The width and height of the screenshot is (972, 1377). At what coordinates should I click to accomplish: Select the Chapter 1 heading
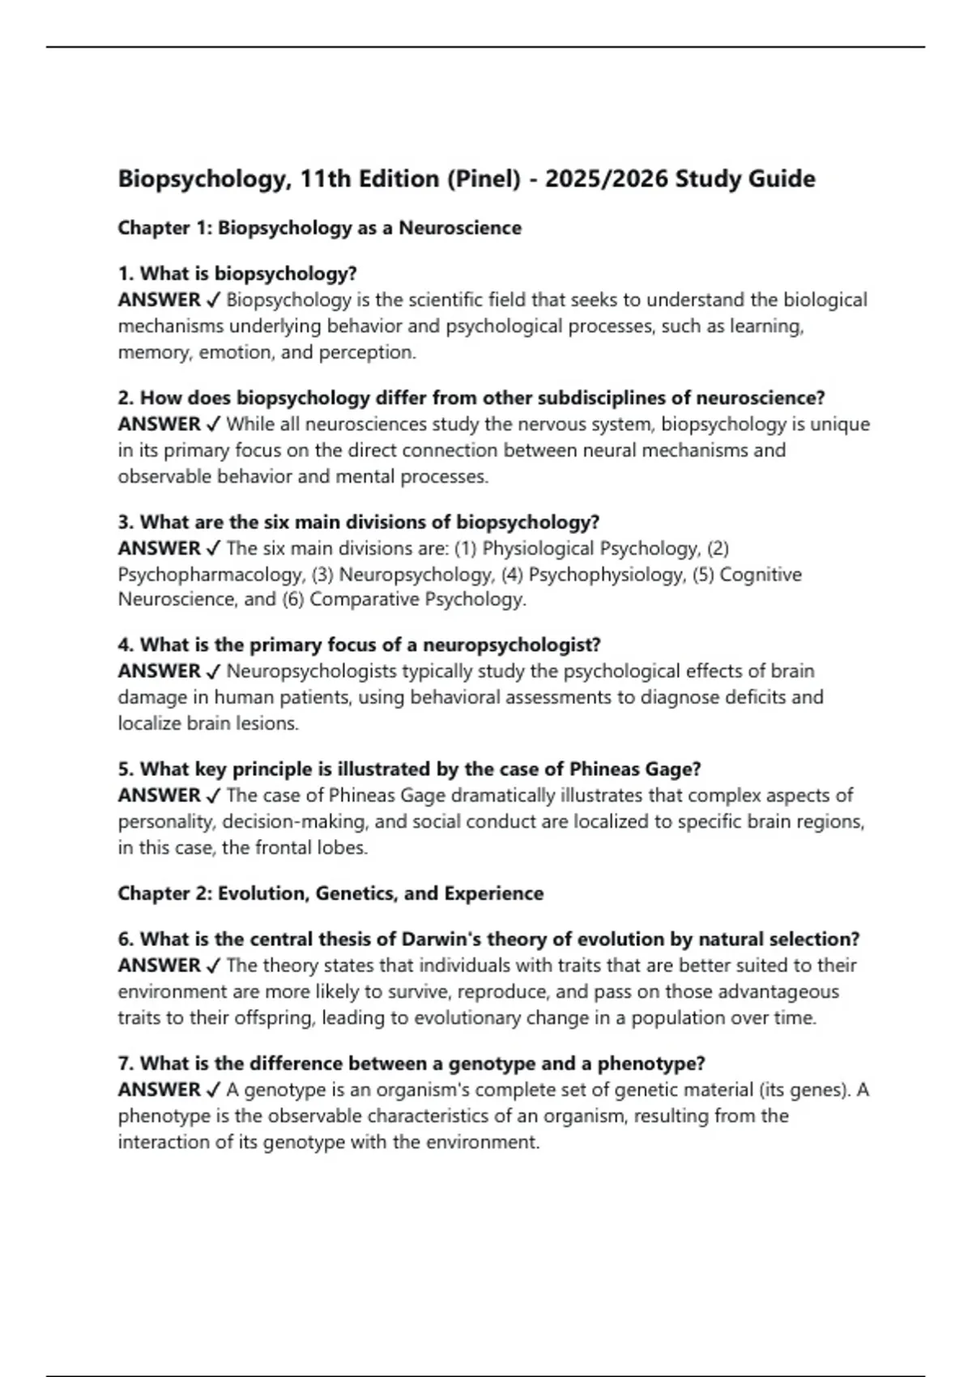coord(319,228)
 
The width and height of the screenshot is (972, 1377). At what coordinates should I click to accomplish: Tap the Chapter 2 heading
coord(330,893)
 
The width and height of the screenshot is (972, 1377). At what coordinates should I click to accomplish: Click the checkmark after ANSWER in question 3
coord(214,548)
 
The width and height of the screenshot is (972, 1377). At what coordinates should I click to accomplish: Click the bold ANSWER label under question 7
coord(159,1089)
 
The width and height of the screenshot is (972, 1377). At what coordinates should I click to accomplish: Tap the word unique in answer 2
coord(840,424)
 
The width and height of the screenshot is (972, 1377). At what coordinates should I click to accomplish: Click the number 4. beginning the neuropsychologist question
coord(126,646)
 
